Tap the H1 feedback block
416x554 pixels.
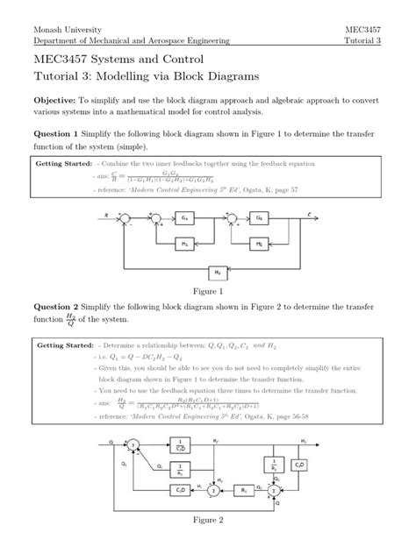pos(184,242)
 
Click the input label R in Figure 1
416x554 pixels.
pos(106,211)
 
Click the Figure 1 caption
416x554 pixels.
pos(208,291)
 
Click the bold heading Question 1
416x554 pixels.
pos(57,146)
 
